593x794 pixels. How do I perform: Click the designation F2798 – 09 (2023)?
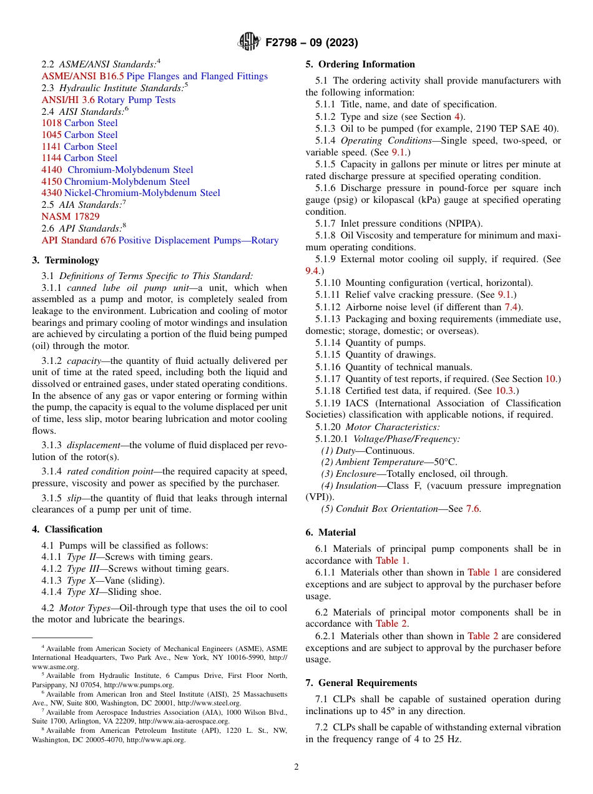tap(311, 42)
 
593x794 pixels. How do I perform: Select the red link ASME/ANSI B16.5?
tap(82, 76)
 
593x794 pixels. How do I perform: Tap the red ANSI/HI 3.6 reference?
tap(68, 100)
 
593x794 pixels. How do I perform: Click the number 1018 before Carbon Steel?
tap(51, 123)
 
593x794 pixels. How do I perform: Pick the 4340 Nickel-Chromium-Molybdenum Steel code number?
tap(51, 193)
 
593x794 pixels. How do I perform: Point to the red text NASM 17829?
tap(71, 217)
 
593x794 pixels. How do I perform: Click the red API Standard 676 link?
tap(79, 240)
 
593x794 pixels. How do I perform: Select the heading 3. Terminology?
tap(66, 260)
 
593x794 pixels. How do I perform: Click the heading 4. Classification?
tap(67, 529)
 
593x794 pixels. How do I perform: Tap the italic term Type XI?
tap(79, 592)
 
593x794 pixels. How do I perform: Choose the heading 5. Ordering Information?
tap(360, 64)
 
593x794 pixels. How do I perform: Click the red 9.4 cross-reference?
tap(312, 271)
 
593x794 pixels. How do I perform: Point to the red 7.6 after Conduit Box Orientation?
tap(473, 509)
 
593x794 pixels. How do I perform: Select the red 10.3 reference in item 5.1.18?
tap(505, 391)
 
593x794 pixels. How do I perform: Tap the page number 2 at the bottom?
tap(296, 767)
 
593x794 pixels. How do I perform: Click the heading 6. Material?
tap(331, 532)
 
